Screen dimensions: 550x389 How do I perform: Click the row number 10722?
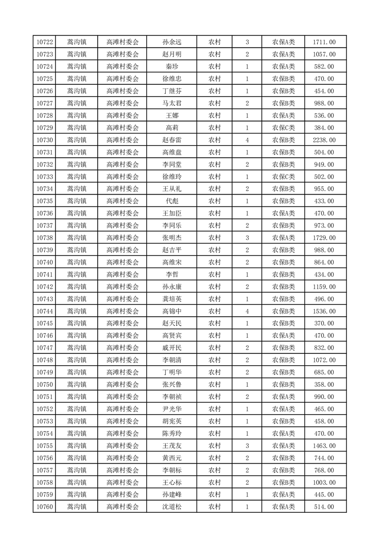click(x=45, y=42)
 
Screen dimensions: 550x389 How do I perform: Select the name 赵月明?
click(x=172, y=54)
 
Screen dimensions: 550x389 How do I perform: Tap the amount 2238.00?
click(x=324, y=140)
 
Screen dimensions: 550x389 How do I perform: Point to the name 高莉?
click(x=172, y=128)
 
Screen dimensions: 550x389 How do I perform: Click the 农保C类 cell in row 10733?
click(x=284, y=177)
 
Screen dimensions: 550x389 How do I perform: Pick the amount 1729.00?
click(x=324, y=238)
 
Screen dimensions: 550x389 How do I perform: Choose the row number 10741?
click(x=45, y=275)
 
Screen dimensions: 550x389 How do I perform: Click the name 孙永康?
click(x=172, y=287)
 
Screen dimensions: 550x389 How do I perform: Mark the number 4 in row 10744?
click(x=247, y=311)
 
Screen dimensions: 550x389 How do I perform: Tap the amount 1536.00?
click(x=324, y=311)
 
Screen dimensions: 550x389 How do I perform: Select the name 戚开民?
click(x=172, y=348)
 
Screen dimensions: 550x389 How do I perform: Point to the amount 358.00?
click(x=324, y=385)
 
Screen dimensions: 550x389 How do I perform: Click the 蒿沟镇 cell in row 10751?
click(x=77, y=397)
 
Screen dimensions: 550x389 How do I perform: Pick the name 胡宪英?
click(x=172, y=421)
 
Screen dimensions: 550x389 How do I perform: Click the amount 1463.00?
click(x=324, y=446)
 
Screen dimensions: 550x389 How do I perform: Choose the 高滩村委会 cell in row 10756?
click(x=123, y=458)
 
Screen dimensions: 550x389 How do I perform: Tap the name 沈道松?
click(x=172, y=507)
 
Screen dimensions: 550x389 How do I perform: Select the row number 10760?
click(x=45, y=507)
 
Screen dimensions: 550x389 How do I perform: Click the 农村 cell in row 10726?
click(x=214, y=91)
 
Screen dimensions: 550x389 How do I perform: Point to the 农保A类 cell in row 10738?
click(x=284, y=238)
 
